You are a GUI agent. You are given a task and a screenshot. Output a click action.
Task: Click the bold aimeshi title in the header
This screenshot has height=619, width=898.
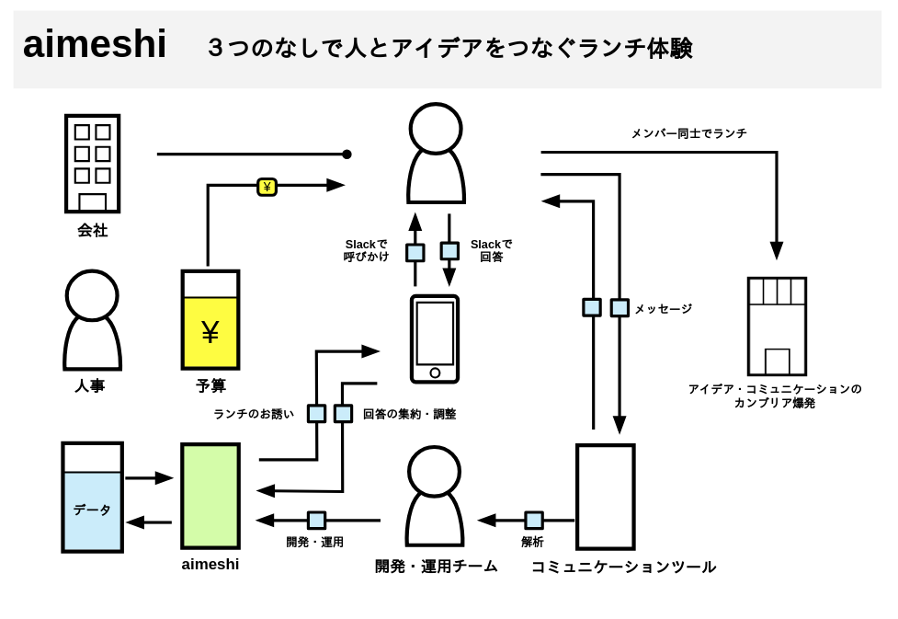(x=95, y=44)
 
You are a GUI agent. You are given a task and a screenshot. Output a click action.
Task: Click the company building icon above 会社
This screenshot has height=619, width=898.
(x=92, y=164)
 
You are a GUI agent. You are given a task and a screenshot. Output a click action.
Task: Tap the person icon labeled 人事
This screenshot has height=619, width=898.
(x=92, y=320)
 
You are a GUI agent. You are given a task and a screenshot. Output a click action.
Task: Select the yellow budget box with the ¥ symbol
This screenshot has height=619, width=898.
(x=210, y=320)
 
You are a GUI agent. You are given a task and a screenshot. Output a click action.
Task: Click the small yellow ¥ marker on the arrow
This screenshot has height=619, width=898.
(x=267, y=187)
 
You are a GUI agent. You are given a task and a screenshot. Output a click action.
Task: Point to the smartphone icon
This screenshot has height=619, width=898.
(x=435, y=338)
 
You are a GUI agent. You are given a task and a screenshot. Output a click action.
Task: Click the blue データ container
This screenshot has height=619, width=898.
(x=92, y=498)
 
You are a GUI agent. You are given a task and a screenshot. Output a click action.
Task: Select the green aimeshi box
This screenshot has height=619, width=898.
(x=210, y=496)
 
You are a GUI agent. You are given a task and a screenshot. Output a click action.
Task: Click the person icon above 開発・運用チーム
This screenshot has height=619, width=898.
(x=435, y=497)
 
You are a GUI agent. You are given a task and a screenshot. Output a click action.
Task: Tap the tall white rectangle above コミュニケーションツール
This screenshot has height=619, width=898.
(x=605, y=497)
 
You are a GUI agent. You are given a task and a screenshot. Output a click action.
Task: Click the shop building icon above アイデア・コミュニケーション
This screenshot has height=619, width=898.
(x=777, y=327)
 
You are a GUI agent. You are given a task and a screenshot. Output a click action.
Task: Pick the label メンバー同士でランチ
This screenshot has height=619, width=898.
(x=688, y=133)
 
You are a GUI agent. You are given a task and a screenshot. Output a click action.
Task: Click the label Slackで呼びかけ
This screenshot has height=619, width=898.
(x=366, y=250)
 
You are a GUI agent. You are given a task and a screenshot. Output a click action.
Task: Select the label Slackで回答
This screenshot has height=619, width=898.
(x=491, y=250)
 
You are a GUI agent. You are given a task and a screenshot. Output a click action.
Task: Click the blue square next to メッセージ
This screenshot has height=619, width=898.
(x=620, y=307)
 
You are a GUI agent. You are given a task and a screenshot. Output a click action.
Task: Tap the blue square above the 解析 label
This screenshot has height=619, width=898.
(x=534, y=521)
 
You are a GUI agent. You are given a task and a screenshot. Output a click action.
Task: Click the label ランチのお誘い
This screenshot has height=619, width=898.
(x=254, y=414)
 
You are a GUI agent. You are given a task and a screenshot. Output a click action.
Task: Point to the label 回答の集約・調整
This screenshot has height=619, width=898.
(x=409, y=414)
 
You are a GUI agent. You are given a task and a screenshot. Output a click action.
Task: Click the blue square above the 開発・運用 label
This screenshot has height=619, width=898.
(x=316, y=521)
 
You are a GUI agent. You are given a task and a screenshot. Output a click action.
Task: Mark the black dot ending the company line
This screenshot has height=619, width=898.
(x=347, y=155)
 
